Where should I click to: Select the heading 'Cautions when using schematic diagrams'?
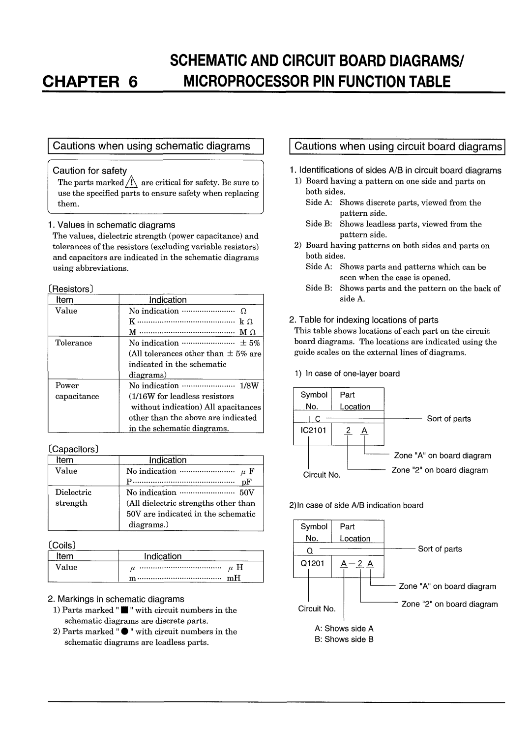coord(151,146)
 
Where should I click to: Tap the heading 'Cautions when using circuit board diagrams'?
coord(398,146)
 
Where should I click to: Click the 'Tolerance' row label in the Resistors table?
coord(73,343)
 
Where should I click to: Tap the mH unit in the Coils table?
coord(234,578)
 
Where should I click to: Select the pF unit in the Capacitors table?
coord(246,482)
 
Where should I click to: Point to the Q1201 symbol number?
coord(313,563)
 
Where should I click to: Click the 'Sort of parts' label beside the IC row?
coord(449,419)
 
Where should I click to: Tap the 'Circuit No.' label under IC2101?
coord(322,475)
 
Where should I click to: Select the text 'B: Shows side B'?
coord(344,639)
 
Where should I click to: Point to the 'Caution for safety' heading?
coord(89,171)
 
